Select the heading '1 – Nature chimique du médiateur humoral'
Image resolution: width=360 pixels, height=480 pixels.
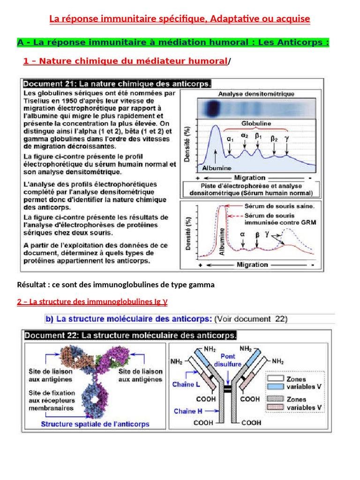click(x=125, y=61)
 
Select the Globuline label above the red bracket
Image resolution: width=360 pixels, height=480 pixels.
click(x=256, y=124)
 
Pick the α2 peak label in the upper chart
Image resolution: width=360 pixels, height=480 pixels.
click(x=245, y=135)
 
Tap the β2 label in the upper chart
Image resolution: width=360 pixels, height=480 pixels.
click(x=274, y=139)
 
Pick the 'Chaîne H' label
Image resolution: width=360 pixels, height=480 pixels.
click(x=187, y=411)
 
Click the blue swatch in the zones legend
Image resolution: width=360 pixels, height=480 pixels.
click(x=275, y=386)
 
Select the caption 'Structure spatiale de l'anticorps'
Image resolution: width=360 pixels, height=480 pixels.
click(x=95, y=424)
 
